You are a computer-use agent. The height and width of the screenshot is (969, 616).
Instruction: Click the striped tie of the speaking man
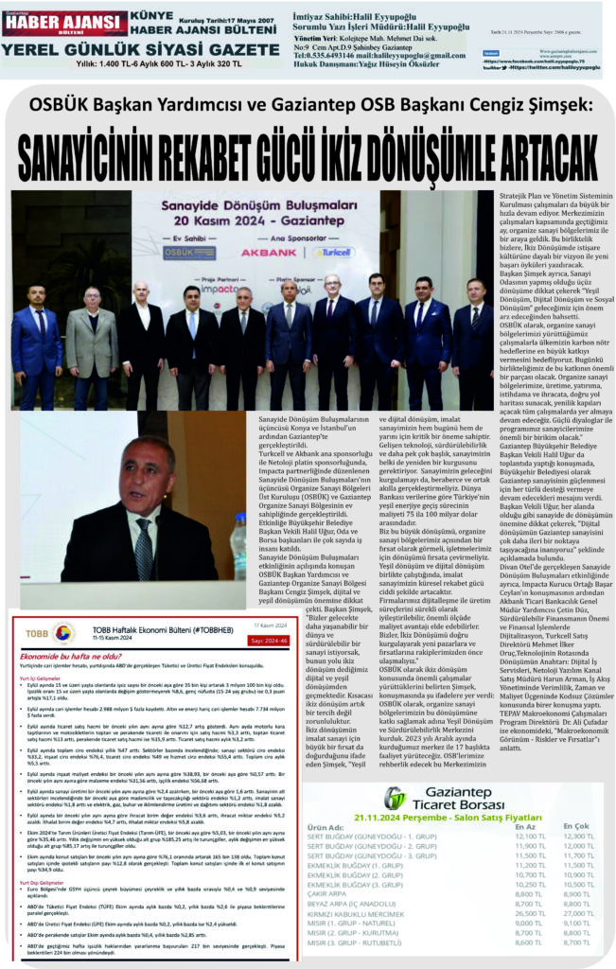(145, 540)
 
